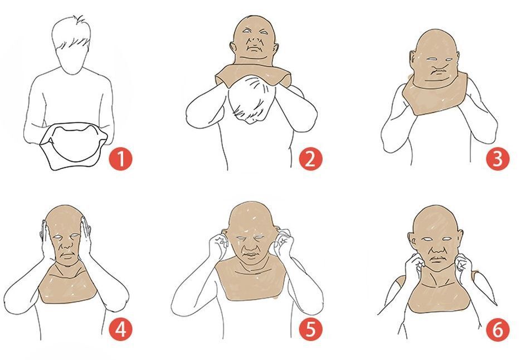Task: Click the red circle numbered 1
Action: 120,159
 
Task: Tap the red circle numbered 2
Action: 310,159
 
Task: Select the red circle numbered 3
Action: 498,159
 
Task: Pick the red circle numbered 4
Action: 120,329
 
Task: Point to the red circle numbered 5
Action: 310,329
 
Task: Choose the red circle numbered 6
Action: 498,329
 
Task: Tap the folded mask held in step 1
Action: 74,146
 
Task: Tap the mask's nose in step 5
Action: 249,246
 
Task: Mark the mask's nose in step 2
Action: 255,40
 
